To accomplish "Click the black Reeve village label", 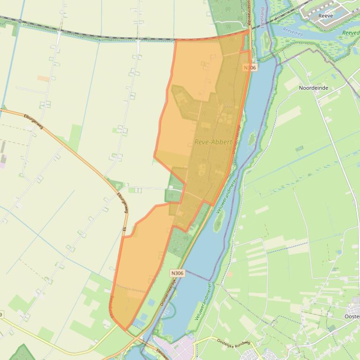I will click(x=325, y=16).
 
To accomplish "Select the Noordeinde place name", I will click(x=313, y=87).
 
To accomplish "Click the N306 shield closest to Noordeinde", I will click(x=250, y=68).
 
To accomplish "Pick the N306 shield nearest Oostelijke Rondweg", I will click(x=177, y=273).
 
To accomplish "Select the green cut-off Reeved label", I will click(x=350, y=33).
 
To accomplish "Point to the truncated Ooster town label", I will click(x=352, y=317).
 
